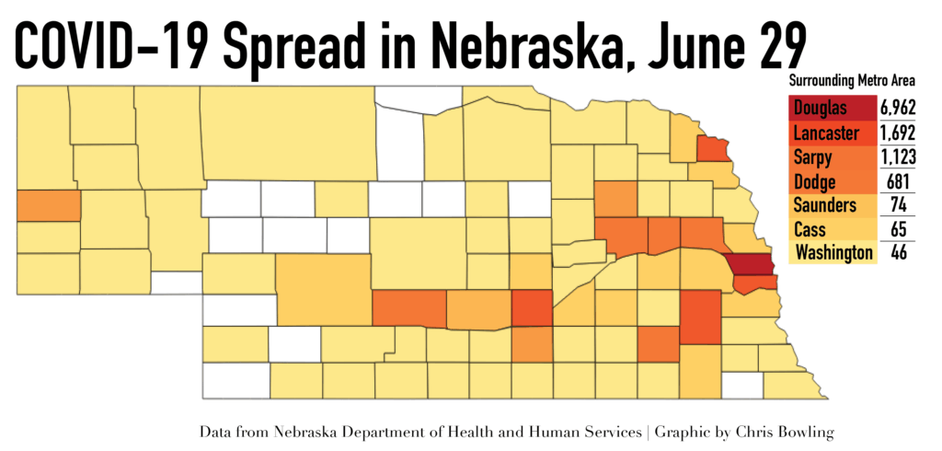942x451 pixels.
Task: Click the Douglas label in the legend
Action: [820, 109]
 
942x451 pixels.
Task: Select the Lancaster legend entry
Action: [825, 133]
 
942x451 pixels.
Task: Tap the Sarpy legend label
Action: [813, 158]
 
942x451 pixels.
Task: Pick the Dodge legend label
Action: [815, 181]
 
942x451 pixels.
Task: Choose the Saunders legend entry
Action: [825, 205]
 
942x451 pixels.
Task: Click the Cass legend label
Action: [810, 229]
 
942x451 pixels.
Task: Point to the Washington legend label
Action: [834, 253]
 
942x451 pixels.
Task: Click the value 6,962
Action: [898, 109]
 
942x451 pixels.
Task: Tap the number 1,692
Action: [898, 133]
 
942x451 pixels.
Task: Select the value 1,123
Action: [898, 157]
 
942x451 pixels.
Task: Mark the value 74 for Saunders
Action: [900, 205]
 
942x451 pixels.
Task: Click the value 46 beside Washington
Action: [900, 253]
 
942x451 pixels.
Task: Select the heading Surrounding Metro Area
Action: [852, 80]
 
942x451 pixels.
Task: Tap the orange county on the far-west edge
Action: [48, 205]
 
